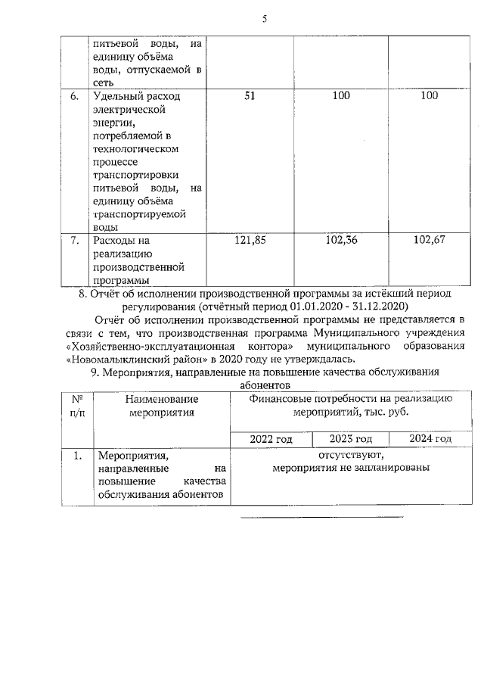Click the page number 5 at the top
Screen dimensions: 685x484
point(265,20)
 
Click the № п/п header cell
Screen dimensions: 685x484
point(76,406)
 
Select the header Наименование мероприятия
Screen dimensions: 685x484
point(162,406)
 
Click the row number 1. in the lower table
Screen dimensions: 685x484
point(77,456)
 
